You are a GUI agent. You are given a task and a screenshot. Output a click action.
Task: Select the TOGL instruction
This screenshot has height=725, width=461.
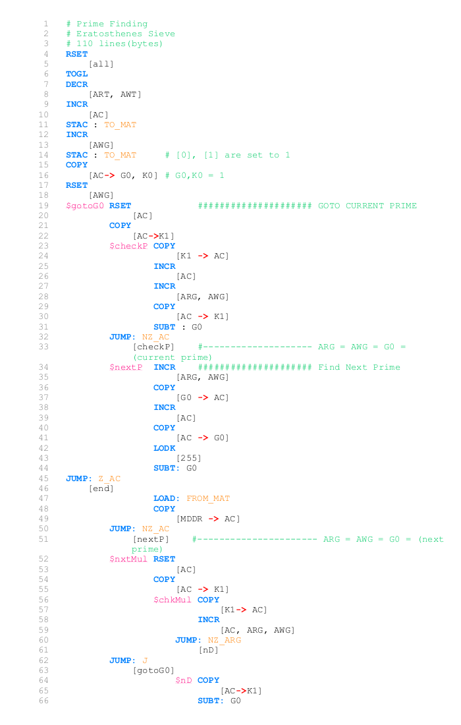click(x=76, y=74)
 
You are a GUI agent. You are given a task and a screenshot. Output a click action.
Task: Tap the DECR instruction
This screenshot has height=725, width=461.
click(x=76, y=84)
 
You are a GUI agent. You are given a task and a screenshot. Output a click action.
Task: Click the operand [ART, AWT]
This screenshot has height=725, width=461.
click(x=115, y=94)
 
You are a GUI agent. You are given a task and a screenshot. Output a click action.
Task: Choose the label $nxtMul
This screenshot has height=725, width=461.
click(x=128, y=559)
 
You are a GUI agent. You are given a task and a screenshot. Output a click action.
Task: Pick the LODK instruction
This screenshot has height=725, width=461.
click(x=165, y=448)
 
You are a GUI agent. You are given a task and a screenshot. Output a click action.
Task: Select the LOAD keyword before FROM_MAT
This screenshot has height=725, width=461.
click(x=165, y=498)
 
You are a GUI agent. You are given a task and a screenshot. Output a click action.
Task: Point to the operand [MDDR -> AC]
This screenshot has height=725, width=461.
click(x=208, y=519)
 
